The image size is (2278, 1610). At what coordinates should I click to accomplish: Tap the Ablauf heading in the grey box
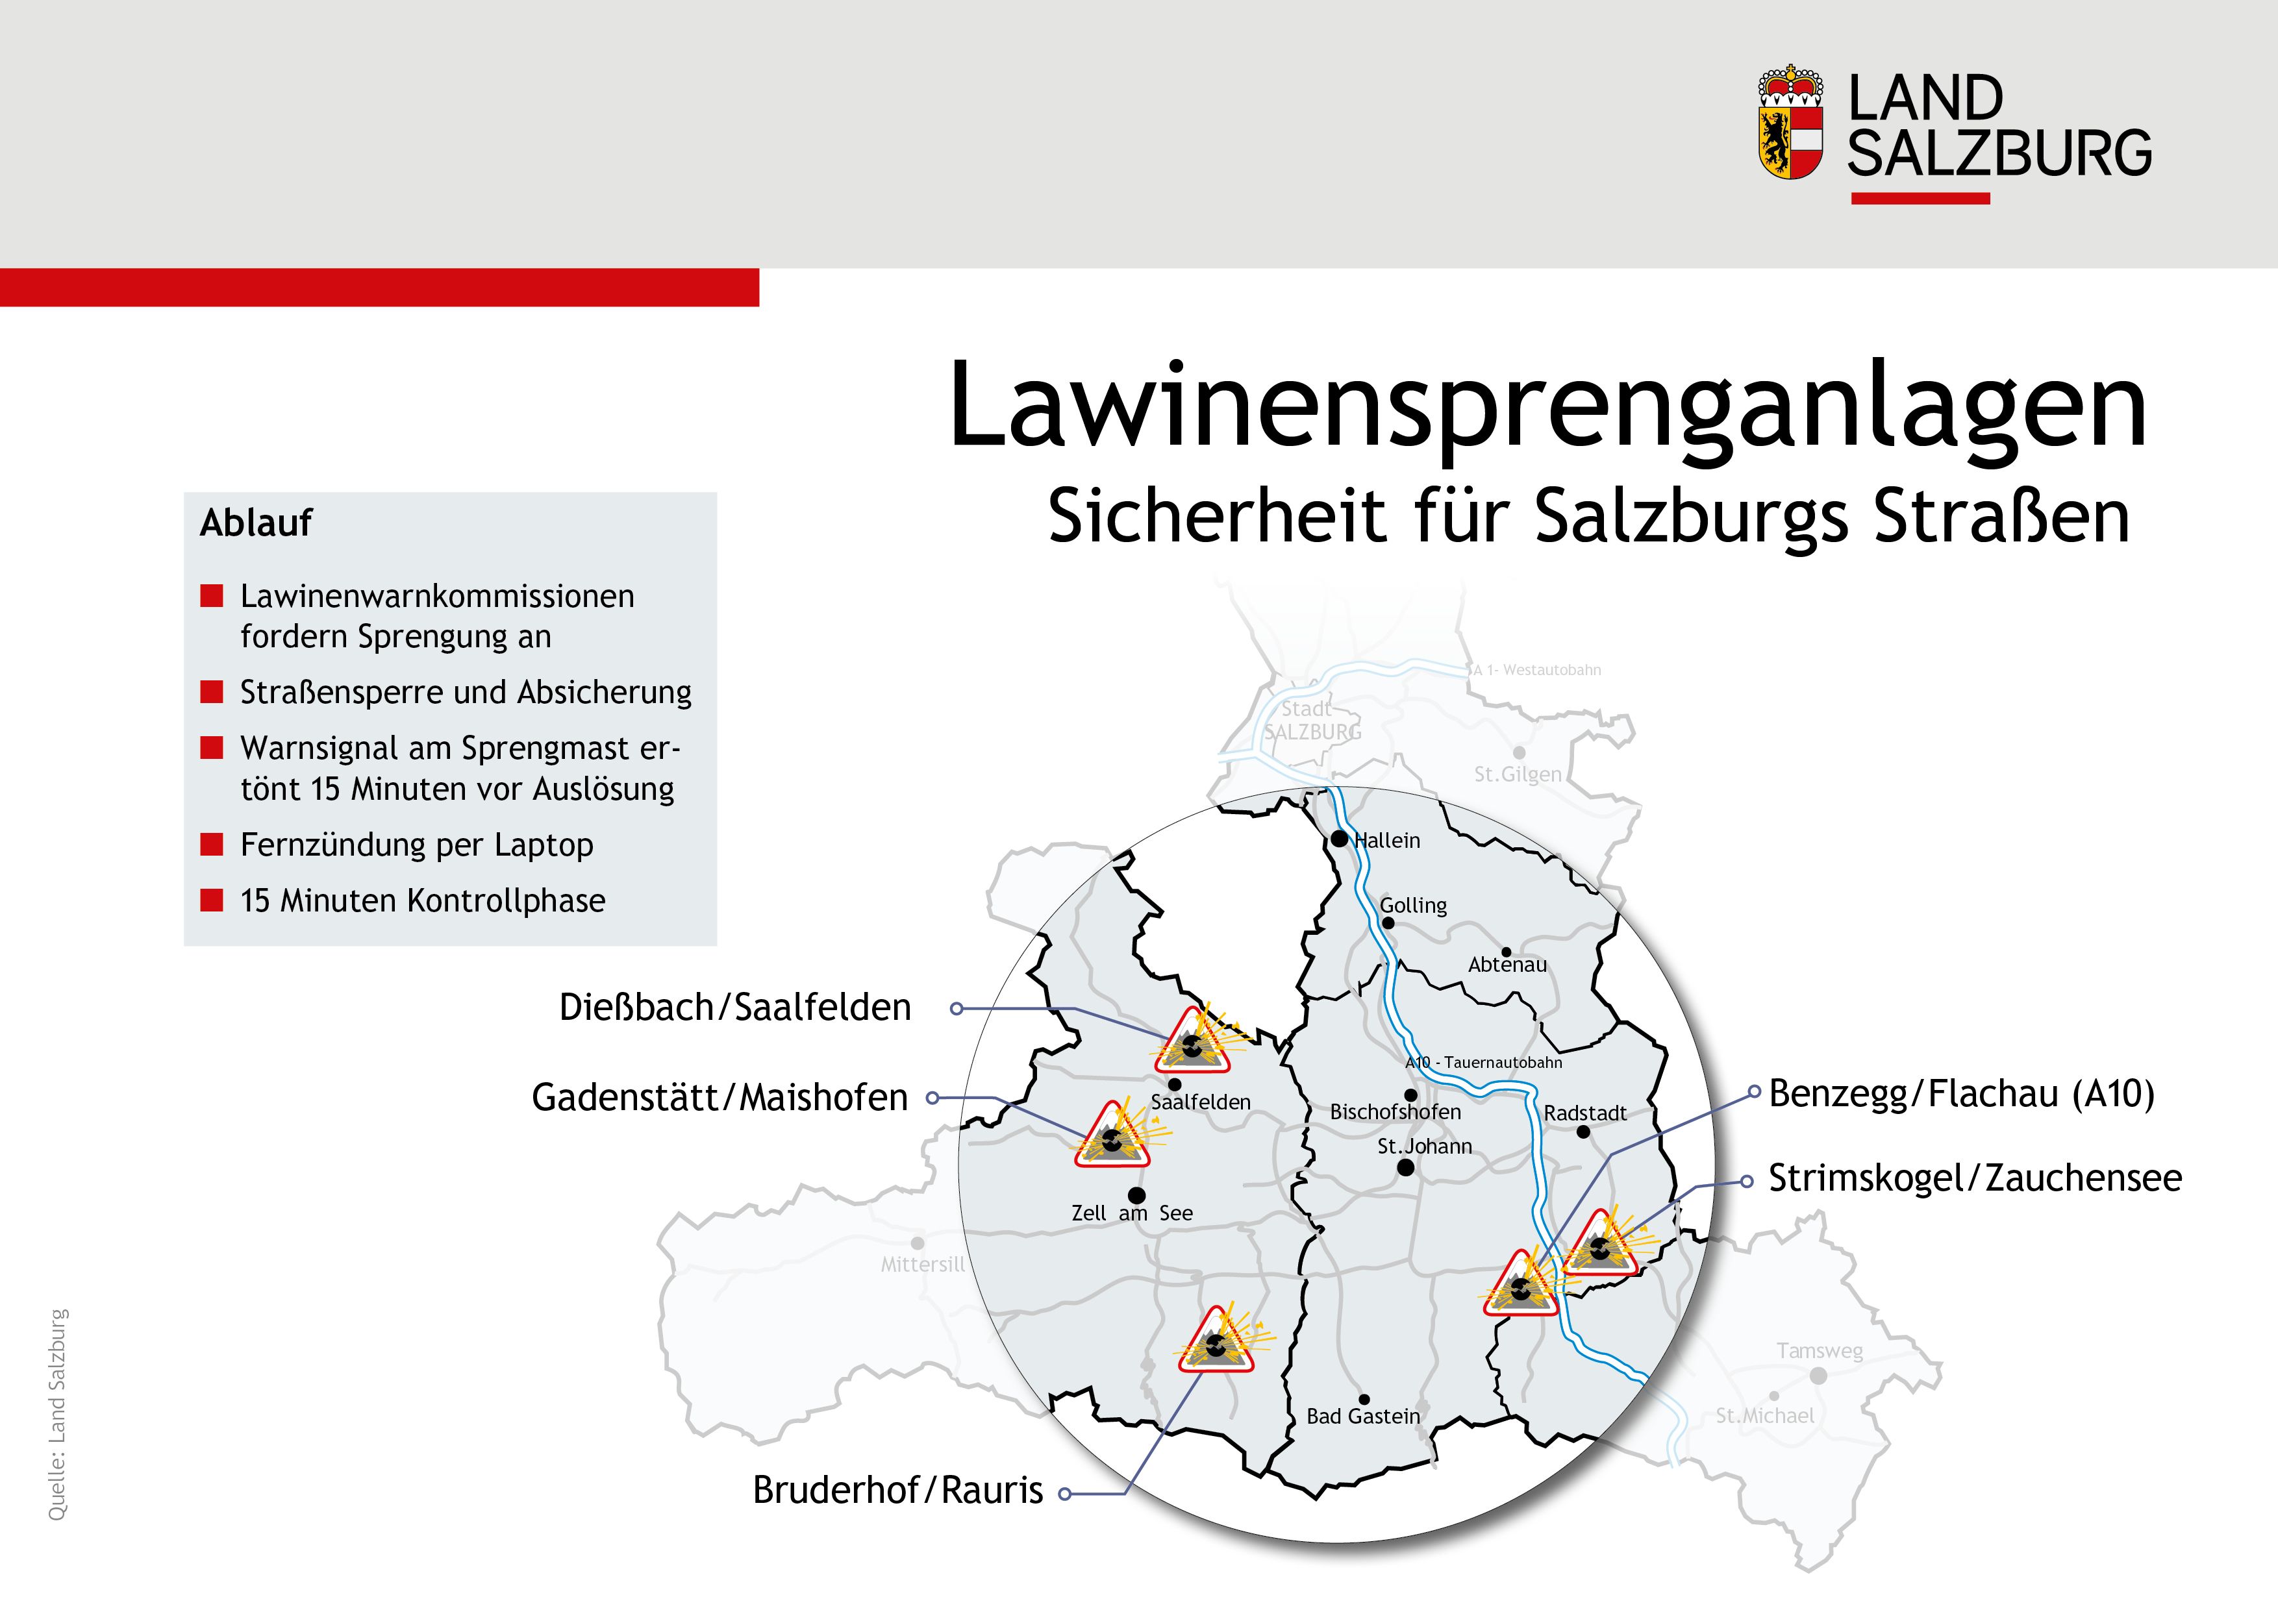coord(256,523)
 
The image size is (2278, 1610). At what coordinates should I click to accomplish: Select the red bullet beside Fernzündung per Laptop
coord(211,844)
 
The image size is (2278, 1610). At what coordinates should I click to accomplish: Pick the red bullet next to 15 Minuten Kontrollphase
coord(211,900)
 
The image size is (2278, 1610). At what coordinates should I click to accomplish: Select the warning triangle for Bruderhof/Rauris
coord(1216,1343)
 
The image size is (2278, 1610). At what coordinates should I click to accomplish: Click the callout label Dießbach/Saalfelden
coord(735,1007)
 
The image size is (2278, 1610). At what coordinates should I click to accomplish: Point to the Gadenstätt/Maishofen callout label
coord(720,1097)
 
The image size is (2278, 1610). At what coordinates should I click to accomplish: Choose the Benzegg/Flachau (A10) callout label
coord(1962,1093)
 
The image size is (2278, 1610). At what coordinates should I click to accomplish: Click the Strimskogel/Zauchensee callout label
coord(1974,1178)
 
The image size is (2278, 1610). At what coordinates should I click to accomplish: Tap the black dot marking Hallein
coord(1340,838)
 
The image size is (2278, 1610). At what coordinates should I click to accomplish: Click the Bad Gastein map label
coord(1363,1417)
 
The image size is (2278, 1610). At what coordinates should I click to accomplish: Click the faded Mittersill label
coord(923,1265)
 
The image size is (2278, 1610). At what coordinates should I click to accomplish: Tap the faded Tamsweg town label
coord(1820,1351)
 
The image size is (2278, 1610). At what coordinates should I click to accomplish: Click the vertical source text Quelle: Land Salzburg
coord(58,1413)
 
